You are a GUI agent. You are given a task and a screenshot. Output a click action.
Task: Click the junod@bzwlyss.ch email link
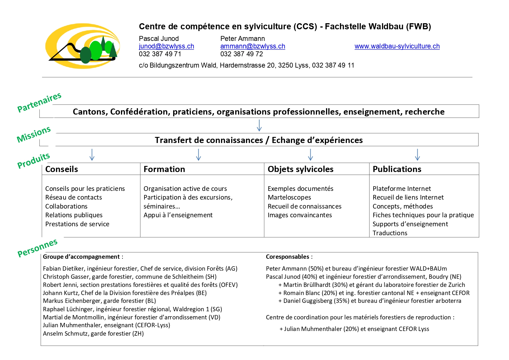pyautogui.click(x=166, y=46)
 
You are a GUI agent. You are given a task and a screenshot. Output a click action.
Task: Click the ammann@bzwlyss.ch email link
pyautogui.click(x=252, y=46)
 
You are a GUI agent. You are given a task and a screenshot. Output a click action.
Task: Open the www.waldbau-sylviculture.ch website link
pyautogui.click(x=397, y=46)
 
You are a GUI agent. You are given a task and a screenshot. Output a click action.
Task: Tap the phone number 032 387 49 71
pyautogui.click(x=160, y=54)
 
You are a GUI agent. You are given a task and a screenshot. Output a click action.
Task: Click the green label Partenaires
pyautogui.click(x=39, y=102)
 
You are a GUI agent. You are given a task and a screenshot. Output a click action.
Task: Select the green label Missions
pyautogui.click(x=34, y=134)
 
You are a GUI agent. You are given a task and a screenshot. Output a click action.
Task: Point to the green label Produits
pyautogui.click(x=34, y=160)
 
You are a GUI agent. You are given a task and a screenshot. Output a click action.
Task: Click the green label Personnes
pyautogui.click(x=37, y=248)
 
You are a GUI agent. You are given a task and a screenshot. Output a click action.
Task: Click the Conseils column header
pyautogui.click(x=61, y=169)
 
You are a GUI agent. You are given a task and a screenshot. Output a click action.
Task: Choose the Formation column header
pyautogui.click(x=164, y=169)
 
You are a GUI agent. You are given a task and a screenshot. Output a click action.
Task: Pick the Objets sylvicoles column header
pyautogui.click(x=300, y=169)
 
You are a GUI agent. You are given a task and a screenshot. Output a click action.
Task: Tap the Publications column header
pyautogui.click(x=396, y=169)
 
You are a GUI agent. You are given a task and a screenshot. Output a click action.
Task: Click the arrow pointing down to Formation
pyautogui.click(x=198, y=155)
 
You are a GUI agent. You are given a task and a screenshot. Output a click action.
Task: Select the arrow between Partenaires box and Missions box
pyautogui.click(x=259, y=125)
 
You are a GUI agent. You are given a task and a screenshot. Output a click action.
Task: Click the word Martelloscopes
pyautogui.click(x=289, y=198)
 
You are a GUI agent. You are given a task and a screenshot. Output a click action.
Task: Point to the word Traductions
pyautogui.click(x=390, y=233)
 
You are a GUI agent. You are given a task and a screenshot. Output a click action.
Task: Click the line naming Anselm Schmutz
pyautogui.click(x=93, y=334)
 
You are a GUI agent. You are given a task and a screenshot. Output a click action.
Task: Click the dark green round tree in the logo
pyautogui.click(x=86, y=55)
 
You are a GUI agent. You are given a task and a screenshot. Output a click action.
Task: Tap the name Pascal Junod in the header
pyautogui.click(x=159, y=39)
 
